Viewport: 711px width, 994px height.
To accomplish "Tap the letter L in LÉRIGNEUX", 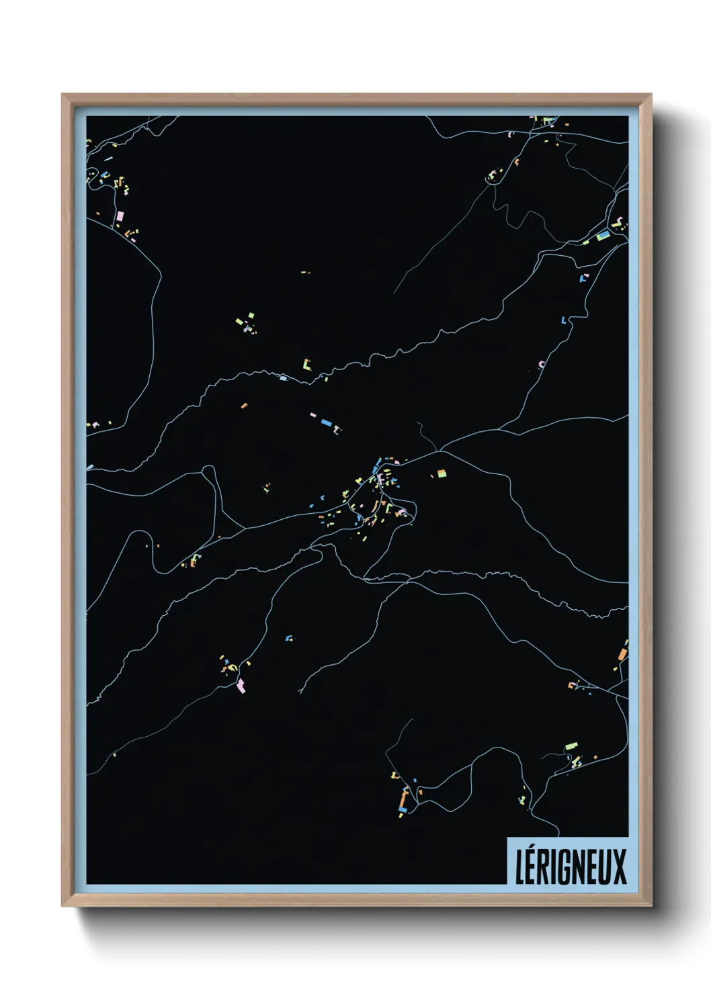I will [x=519, y=866].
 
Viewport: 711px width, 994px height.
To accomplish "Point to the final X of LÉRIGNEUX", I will [x=619, y=866].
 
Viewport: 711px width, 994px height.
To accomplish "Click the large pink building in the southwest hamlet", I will [x=241, y=686].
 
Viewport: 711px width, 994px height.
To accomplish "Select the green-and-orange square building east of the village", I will [x=442, y=473].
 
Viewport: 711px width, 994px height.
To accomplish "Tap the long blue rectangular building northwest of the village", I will [x=327, y=422].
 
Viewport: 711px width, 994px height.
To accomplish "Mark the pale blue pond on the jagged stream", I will [x=283, y=378].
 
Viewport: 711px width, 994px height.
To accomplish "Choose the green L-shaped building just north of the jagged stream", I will [x=308, y=365].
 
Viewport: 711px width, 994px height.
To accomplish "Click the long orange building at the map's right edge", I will [x=622, y=652].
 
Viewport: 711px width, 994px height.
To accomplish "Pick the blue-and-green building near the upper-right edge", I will [x=601, y=236].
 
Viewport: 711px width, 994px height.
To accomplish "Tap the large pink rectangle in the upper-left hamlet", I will [x=121, y=216].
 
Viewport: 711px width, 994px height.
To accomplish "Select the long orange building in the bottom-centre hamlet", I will [x=405, y=799].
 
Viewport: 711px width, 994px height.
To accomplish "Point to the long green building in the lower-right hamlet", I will [x=571, y=746].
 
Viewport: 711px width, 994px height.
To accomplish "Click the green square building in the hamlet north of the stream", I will [x=251, y=315].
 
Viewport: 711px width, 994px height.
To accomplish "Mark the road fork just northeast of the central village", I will [x=437, y=451].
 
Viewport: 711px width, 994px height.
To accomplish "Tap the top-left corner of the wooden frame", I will [x=63, y=95].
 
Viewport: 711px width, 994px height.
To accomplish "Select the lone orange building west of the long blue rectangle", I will [x=244, y=406].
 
